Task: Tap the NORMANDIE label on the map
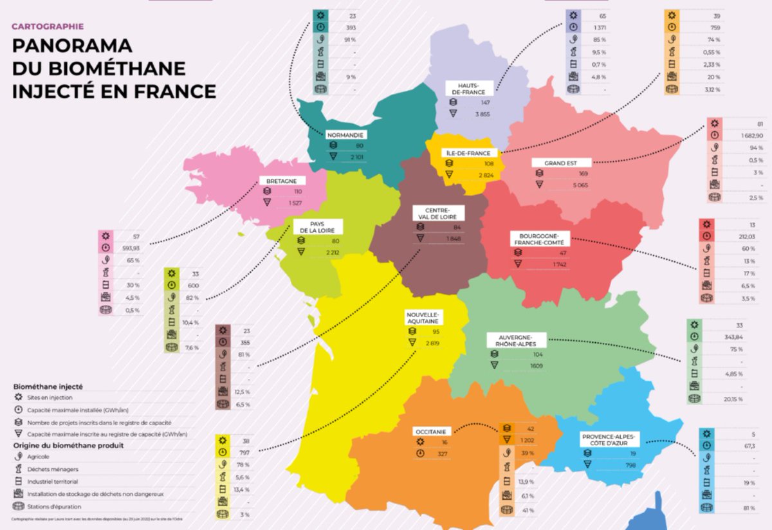coord(346,135)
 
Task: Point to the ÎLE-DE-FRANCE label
coord(467,153)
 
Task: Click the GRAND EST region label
coord(559,163)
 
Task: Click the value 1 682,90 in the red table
coord(748,136)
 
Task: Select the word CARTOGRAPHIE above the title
coord(48,27)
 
